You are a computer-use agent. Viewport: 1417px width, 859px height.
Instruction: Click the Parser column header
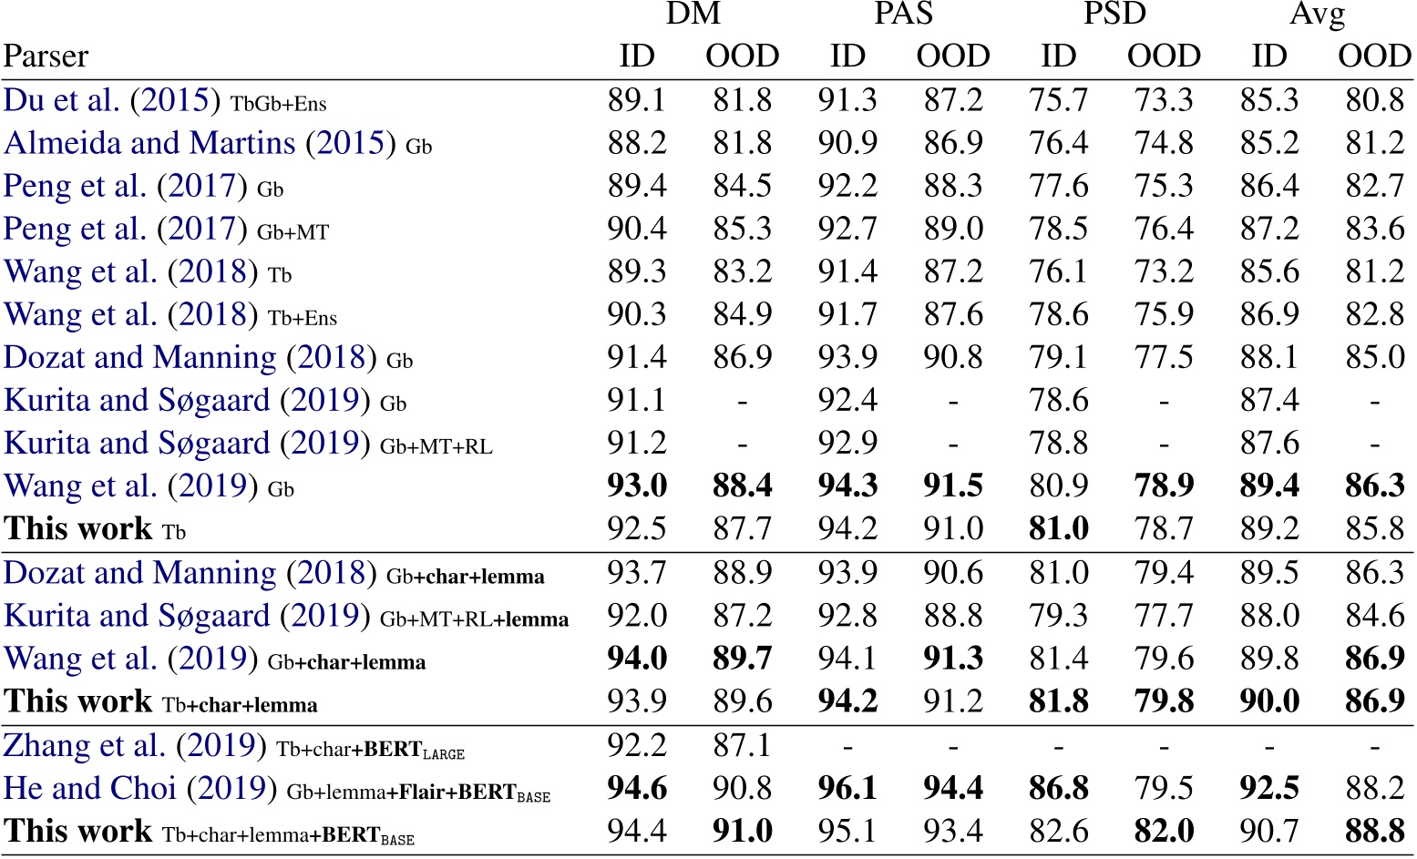pyautogui.click(x=46, y=56)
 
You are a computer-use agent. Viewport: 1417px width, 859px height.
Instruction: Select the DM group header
pyautogui.click(x=693, y=14)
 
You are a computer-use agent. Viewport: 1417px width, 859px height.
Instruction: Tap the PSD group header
pyautogui.click(x=1114, y=14)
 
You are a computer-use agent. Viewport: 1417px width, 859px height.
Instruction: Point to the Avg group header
pyautogui.click(x=1318, y=15)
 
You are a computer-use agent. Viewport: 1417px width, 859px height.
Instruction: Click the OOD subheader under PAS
pyautogui.click(x=953, y=56)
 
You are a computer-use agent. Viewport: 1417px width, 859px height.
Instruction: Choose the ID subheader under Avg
pyautogui.click(x=1268, y=56)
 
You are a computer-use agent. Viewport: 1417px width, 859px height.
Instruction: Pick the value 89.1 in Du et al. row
pyautogui.click(x=637, y=100)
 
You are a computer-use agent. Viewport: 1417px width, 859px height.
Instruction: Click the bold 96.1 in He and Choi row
pyautogui.click(x=847, y=789)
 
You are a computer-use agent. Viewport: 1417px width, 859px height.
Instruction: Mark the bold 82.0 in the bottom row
pyautogui.click(x=1164, y=832)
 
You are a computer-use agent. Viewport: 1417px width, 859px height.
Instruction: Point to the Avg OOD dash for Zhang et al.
pyautogui.click(x=1374, y=747)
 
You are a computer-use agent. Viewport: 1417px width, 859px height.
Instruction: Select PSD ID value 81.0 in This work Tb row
pyautogui.click(x=1058, y=529)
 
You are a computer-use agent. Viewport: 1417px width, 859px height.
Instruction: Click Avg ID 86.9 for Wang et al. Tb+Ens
pyautogui.click(x=1268, y=315)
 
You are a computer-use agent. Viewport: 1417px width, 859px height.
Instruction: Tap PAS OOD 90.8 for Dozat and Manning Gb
pyautogui.click(x=953, y=358)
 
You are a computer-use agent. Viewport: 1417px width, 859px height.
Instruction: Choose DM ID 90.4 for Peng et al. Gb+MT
pyautogui.click(x=637, y=229)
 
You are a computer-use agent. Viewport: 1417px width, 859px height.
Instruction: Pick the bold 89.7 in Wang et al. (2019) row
pyautogui.click(x=743, y=659)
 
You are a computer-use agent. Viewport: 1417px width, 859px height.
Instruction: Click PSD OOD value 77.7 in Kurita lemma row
pyautogui.click(x=1164, y=616)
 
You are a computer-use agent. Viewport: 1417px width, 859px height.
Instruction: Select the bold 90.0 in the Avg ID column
pyautogui.click(x=1268, y=701)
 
